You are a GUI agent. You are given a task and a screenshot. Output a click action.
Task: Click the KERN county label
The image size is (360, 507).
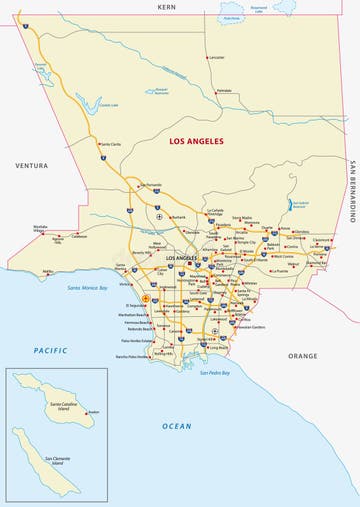point(166,6)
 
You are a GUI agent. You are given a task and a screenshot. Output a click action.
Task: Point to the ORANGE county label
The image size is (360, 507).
point(302,356)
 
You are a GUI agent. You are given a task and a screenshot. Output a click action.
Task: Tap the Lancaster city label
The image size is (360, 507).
point(216,58)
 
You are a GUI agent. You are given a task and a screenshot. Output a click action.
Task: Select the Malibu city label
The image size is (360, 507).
point(48,270)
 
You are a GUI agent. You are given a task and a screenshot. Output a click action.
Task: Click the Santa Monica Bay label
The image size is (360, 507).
point(88,288)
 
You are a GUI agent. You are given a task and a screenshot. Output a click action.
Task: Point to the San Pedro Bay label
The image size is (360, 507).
point(214,373)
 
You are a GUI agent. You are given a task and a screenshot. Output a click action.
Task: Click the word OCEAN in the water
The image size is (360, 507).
point(176,426)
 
